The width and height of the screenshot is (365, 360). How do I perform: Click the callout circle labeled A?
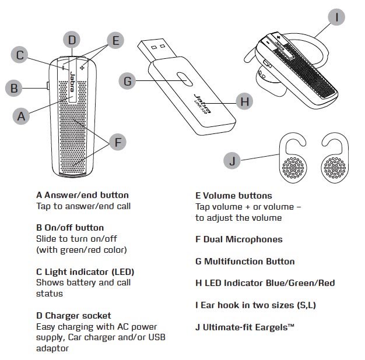pos(22,115)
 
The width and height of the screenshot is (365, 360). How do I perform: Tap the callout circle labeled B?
pos(14,89)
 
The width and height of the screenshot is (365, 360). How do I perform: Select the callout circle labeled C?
pos(20,55)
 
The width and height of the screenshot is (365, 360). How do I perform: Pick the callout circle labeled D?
pos(71,40)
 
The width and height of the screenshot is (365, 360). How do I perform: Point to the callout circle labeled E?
pos(115,40)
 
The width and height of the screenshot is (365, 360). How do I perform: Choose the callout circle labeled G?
pos(128,81)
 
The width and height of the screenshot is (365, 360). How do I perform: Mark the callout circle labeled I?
pos(336,17)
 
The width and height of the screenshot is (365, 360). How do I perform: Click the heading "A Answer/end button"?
pos(82,195)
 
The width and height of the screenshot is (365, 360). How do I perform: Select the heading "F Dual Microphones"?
pos(238,239)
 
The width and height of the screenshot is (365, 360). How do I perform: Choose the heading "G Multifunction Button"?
pos(245,262)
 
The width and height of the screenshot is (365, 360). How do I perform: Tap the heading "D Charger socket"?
pos(73,316)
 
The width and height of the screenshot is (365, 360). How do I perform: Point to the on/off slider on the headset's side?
pos(47,87)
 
